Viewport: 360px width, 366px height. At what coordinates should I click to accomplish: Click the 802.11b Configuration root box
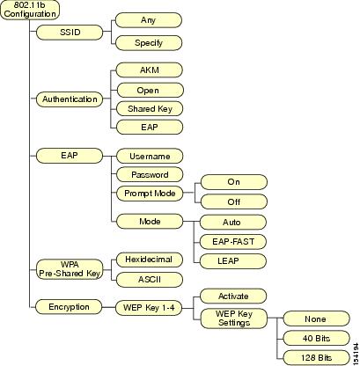(x=30, y=10)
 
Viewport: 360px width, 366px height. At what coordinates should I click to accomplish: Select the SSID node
(x=70, y=32)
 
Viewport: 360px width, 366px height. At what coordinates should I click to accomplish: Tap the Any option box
(x=149, y=20)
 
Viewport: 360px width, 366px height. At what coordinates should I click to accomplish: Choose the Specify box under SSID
(x=149, y=43)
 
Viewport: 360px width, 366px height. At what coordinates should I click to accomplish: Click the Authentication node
(x=70, y=99)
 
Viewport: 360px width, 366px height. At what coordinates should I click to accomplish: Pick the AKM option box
(x=150, y=70)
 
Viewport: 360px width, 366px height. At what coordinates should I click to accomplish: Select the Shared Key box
(x=150, y=109)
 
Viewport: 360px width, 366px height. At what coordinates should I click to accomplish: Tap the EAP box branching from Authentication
(x=150, y=128)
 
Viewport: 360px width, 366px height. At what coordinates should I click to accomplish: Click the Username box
(x=150, y=156)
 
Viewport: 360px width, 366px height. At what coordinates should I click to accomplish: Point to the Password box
(x=150, y=175)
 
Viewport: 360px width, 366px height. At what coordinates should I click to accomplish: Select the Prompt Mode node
(x=150, y=194)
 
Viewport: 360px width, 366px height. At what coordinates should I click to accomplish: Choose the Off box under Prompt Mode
(x=234, y=201)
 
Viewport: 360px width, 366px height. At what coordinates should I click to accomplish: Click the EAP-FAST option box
(x=233, y=242)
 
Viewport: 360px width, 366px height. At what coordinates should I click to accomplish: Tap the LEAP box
(x=233, y=261)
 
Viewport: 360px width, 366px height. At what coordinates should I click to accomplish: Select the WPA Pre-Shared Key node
(x=70, y=269)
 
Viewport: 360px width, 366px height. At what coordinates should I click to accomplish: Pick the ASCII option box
(x=150, y=280)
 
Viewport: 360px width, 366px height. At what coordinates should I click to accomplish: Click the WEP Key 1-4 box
(x=149, y=308)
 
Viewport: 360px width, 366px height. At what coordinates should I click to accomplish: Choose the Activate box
(x=233, y=296)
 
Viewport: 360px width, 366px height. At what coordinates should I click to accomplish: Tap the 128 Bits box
(x=316, y=358)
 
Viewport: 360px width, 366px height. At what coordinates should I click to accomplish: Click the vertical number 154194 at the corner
(x=356, y=354)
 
